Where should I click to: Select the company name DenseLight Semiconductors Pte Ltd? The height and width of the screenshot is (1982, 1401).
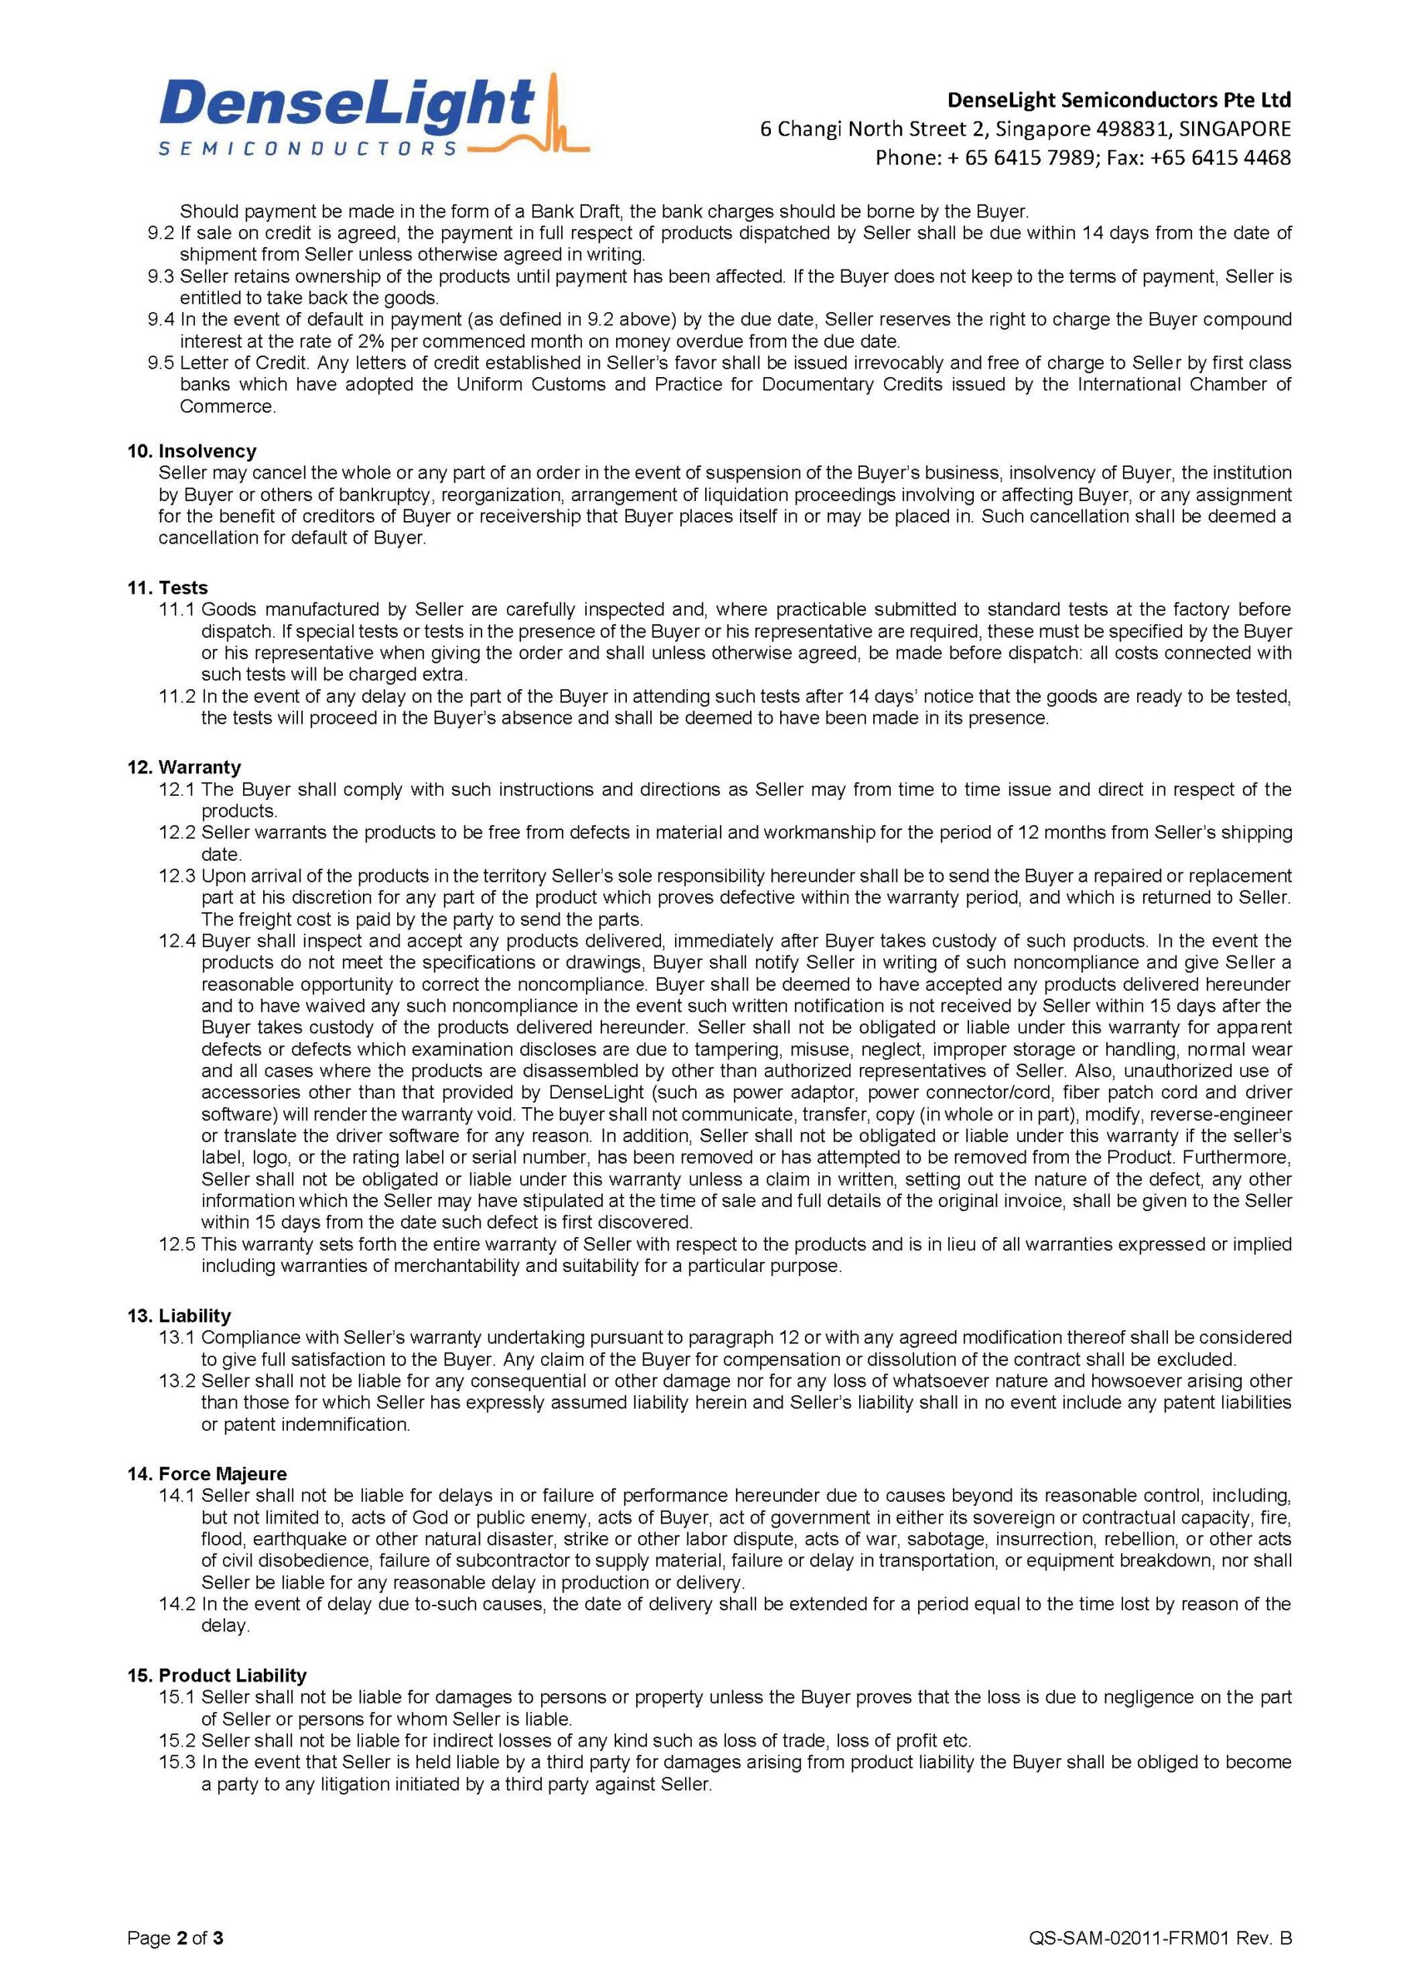point(1118,100)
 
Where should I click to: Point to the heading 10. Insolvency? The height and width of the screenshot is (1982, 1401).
point(192,451)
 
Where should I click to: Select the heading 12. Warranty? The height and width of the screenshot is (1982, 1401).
point(184,766)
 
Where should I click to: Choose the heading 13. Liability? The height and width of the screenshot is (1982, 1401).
point(179,1315)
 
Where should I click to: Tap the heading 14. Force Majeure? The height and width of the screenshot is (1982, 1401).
point(207,1473)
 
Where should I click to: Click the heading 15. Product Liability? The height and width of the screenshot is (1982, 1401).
point(217,1675)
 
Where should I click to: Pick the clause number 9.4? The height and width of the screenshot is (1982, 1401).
point(160,320)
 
